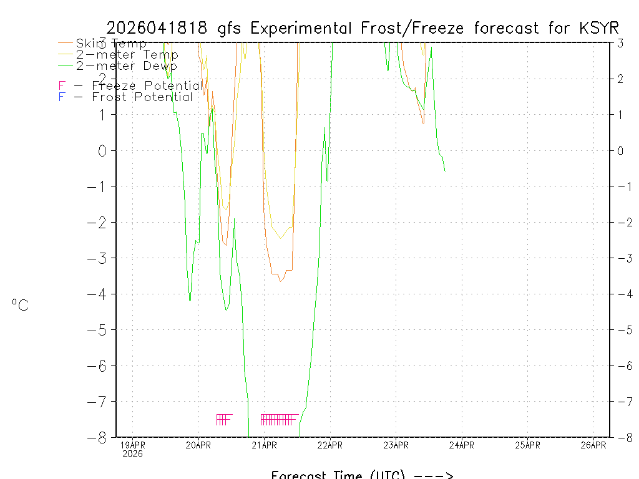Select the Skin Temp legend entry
[x=111, y=44]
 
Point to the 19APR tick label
[x=132, y=445]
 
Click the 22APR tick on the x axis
[x=330, y=445]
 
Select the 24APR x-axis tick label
[x=462, y=445]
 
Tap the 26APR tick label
[x=593, y=445]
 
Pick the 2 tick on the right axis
[x=620, y=79]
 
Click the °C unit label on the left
[x=20, y=305]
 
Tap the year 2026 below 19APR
[x=132, y=453]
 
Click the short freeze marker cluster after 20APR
[x=224, y=419]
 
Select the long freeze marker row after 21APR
[x=278, y=419]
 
